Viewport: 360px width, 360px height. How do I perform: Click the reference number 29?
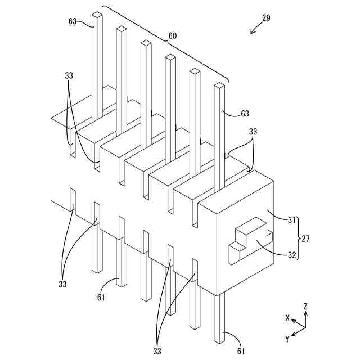click(266, 17)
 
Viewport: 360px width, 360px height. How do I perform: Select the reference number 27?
click(305, 238)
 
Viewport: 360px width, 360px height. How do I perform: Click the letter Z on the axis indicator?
click(305, 307)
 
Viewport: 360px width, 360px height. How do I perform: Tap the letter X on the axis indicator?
click(287, 318)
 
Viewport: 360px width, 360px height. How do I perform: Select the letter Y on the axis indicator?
click(287, 339)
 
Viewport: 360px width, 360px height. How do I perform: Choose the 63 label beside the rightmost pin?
click(244, 114)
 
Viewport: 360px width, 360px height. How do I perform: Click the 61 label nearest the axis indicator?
click(241, 352)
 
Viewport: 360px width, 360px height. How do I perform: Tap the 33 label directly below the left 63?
click(68, 75)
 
